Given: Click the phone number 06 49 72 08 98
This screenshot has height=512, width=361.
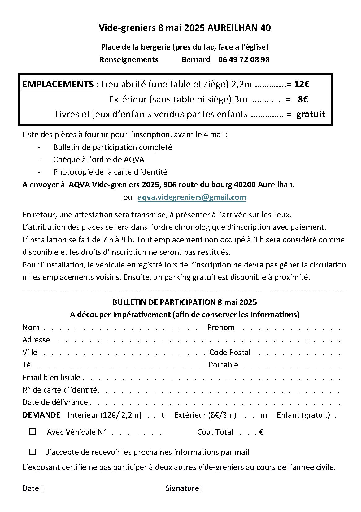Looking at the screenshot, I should (x=244, y=59).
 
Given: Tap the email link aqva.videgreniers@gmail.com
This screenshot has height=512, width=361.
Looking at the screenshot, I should (x=192, y=197).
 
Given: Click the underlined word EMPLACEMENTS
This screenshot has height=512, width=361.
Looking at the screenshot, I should (x=58, y=84).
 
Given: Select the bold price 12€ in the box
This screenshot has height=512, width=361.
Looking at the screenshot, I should (x=302, y=84).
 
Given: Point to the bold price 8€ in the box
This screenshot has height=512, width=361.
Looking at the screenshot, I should (x=303, y=99).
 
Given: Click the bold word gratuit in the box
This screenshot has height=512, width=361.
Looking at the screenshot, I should (x=311, y=114).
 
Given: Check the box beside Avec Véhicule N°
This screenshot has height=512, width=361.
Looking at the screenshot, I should (x=33, y=432).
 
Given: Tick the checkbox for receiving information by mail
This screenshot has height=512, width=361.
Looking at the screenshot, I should (x=33, y=452).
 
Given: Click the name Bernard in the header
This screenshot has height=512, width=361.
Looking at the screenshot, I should (x=196, y=59).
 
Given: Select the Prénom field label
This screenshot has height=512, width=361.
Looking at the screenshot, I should (x=221, y=327).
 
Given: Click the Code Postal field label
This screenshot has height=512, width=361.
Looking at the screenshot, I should (x=230, y=352).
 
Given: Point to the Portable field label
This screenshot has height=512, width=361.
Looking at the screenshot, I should (x=223, y=365).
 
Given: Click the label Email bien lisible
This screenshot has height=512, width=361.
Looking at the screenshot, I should (x=51, y=377).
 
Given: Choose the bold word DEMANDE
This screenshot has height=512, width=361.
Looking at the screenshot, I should (x=41, y=415).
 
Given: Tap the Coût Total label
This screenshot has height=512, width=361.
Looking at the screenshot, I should (x=215, y=432).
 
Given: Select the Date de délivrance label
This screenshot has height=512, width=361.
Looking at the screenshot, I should (x=55, y=402).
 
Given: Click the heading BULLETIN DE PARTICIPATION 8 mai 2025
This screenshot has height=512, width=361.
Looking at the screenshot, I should (x=185, y=302).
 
